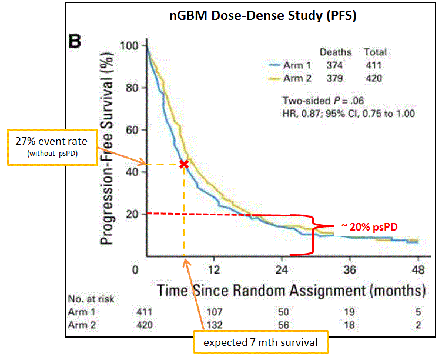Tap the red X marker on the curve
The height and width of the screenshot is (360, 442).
[184, 164]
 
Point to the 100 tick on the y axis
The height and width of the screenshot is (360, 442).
[128, 46]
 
